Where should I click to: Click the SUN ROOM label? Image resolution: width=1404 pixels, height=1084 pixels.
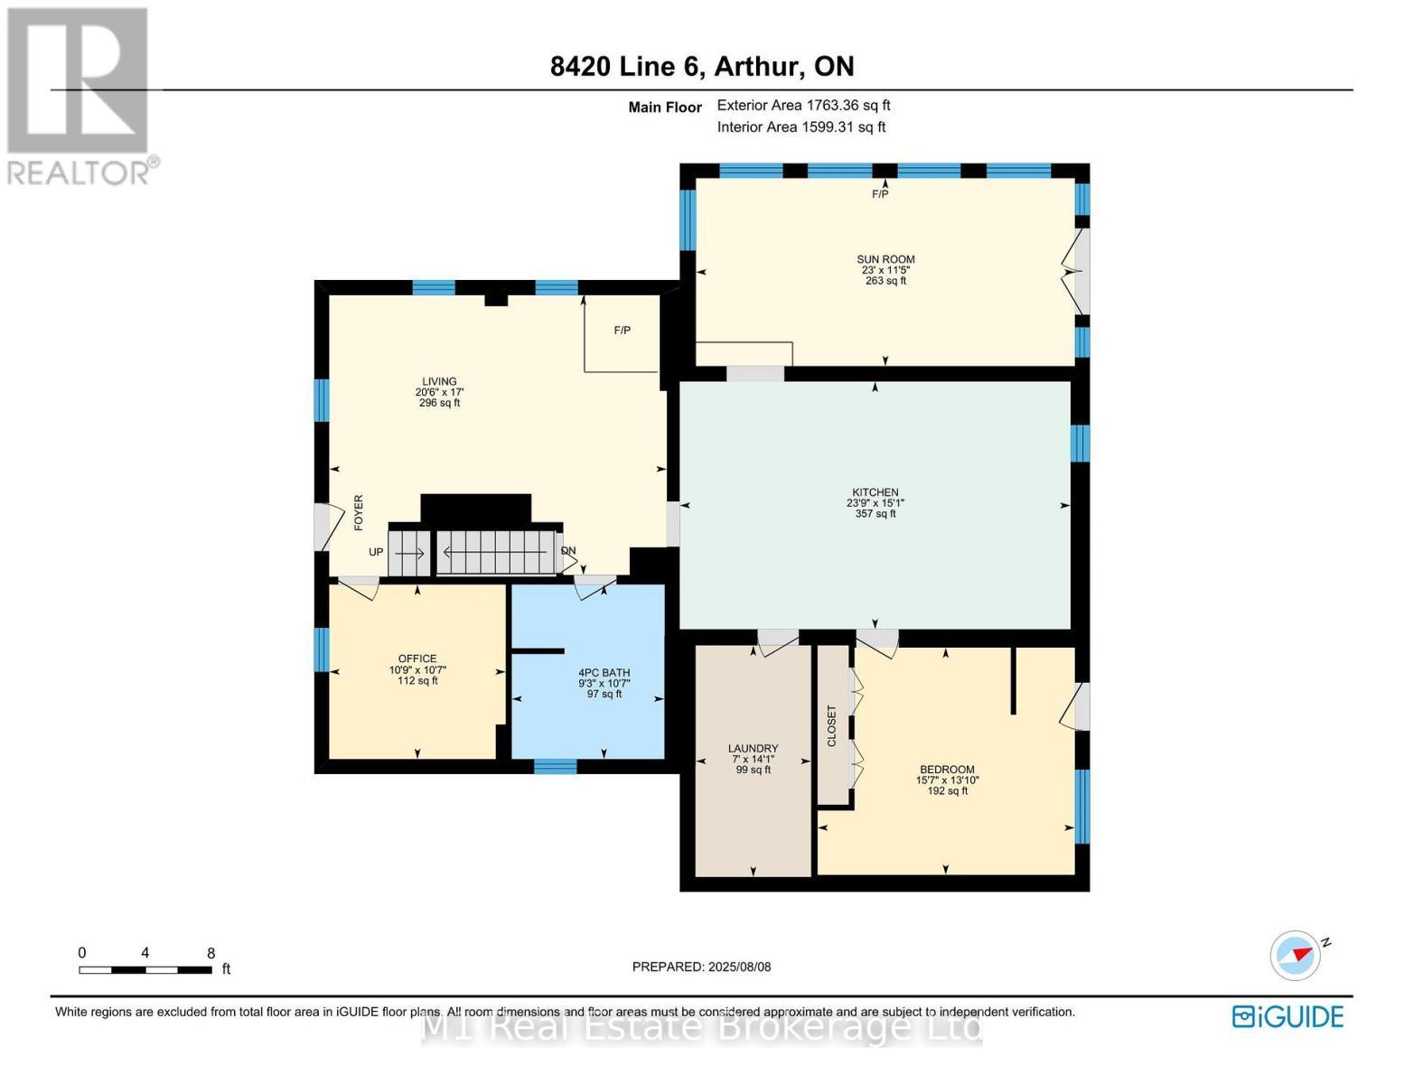885,259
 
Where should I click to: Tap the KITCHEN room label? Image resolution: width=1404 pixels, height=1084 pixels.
875,492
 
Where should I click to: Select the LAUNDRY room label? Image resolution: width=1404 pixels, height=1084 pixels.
753,748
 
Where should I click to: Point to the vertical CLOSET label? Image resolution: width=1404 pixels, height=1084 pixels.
831,726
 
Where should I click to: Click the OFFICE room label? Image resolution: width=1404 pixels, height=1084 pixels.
417,659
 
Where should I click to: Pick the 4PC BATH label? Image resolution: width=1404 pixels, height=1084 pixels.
604,672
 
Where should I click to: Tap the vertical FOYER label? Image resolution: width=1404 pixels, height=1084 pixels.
359,513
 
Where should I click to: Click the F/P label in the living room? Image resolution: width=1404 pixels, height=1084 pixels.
622,331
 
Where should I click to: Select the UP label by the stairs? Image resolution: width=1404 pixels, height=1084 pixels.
376,552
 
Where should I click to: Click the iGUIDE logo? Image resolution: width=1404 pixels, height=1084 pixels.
1288,1017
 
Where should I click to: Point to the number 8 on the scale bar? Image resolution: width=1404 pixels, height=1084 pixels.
211,953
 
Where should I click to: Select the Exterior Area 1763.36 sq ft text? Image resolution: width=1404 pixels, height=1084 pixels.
804,106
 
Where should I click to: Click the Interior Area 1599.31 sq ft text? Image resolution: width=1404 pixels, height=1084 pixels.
801,127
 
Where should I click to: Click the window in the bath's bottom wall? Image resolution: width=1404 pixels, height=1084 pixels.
555,766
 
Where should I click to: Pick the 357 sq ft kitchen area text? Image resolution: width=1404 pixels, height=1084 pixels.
875,514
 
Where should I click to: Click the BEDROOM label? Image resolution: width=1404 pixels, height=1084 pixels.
947,770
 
